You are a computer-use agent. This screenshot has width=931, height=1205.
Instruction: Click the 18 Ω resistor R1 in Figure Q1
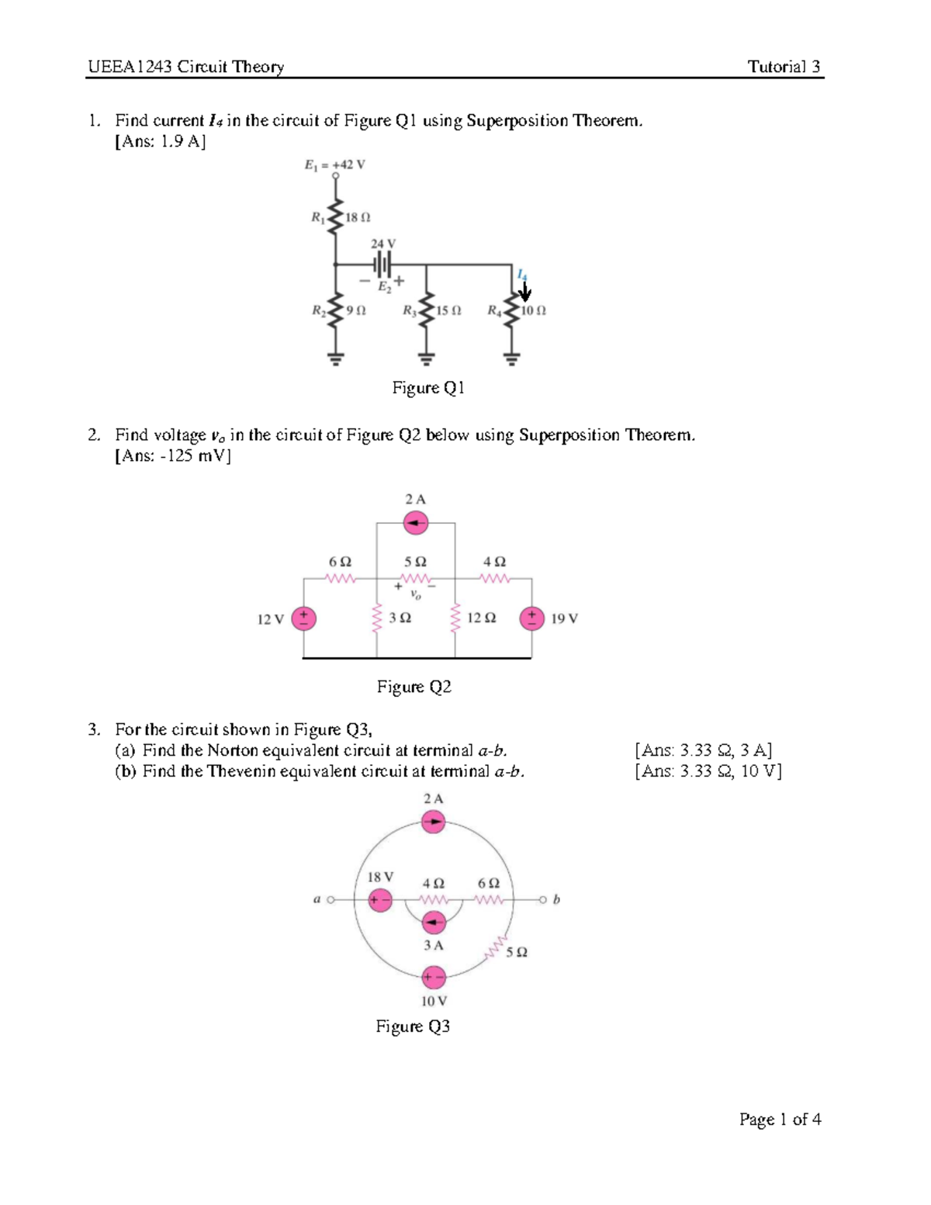(x=336, y=217)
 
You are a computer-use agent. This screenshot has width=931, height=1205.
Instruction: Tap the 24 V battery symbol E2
(x=382, y=265)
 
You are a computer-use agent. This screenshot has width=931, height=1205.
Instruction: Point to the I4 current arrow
(x=525, y=292)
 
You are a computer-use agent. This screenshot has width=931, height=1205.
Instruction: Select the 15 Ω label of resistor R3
(x=448, y=310)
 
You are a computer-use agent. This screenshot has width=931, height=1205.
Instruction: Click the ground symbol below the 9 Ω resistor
(x=336, y=358)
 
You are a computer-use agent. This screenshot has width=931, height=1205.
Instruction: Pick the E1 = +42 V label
(x=334, y=165)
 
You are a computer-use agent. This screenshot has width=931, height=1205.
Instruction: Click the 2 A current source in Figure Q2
(x=416, y=524)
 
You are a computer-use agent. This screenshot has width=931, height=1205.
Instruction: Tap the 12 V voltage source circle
(x=303, y=618)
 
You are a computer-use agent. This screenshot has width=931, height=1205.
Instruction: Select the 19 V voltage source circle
(x=531, y=618)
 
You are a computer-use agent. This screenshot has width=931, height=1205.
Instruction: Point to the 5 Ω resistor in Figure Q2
(x=416, y=579)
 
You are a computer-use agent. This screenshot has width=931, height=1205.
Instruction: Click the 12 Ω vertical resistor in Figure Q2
(x=455, y=618)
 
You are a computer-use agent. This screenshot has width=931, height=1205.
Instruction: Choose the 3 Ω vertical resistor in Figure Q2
(x=377, y=618)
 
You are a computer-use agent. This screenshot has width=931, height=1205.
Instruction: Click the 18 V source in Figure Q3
(x=380, y=900)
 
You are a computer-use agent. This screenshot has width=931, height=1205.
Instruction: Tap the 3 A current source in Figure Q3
(x=434, y=923)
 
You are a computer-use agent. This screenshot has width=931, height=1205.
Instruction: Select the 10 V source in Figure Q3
(x=434, y=978)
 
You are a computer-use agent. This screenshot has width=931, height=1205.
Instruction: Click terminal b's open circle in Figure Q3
(x=543, y=900)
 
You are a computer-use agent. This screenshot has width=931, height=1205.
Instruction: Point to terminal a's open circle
(x=331, y=900)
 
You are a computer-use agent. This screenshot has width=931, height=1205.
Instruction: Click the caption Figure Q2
(x=414, y=687)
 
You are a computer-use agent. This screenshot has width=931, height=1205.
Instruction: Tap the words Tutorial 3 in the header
(x=784, y=67)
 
